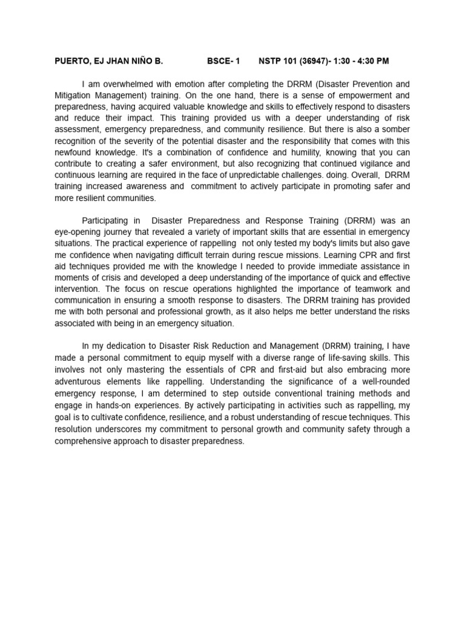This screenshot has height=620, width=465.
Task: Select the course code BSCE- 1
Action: click(223, 61)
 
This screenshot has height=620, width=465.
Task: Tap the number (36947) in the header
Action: click(315, 61)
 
